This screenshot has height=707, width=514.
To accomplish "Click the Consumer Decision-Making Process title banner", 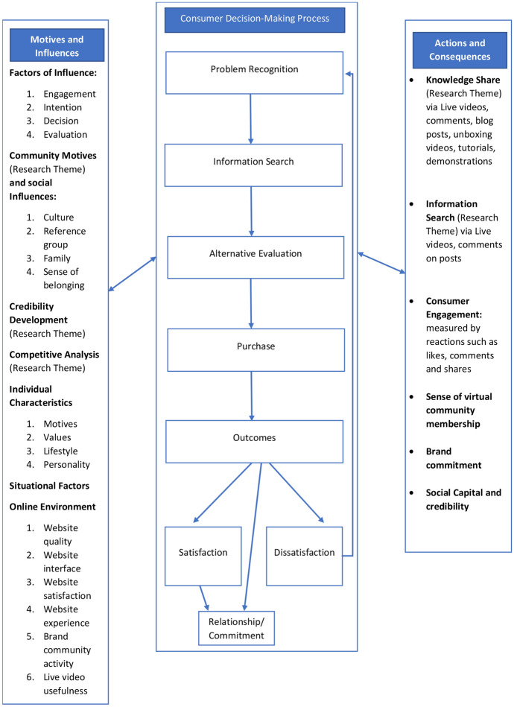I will point(255,18).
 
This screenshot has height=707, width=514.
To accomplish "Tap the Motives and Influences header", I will point(57,45).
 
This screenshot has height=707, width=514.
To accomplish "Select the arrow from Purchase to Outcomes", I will point(253,396).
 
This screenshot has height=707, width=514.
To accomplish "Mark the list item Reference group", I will point(64,238).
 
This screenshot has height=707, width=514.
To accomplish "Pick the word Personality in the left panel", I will point(66,464).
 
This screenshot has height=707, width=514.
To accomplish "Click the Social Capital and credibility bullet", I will point(463,500).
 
